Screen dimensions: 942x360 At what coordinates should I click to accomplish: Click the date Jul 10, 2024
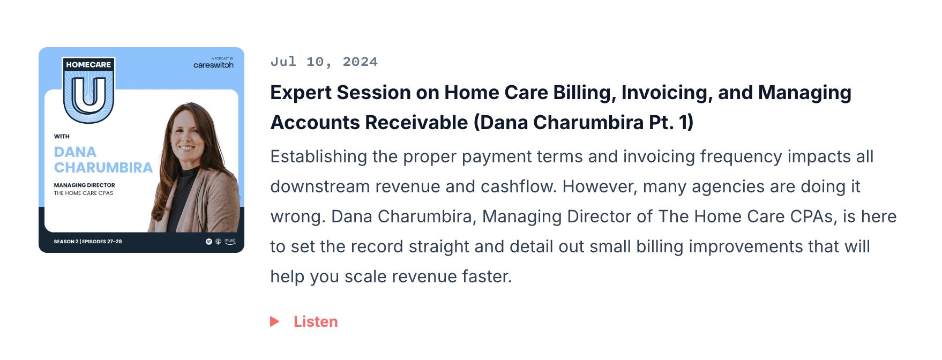pyautogui.click(x=324, y=62)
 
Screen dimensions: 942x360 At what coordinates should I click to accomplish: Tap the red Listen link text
pyautogui.click(x=316, y=321)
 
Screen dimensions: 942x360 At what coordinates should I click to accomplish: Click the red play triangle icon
pyautogui.click(x=274, y=321)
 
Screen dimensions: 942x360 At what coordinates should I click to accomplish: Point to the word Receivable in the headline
pyautogui.click(x=417, y=123)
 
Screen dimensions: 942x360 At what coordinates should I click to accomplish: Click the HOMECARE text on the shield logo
pyautogui.click(x=88, y=64)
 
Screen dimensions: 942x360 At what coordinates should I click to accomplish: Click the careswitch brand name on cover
pyautogui.click(x=213, y=65)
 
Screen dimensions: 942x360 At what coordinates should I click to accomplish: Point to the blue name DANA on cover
pyautogui.click(x=75, y=152)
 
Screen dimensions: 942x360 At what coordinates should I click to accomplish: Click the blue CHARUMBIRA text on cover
pyautogui.click(x=103, y=168)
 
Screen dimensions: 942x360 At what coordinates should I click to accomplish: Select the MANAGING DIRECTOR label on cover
pyautogui.click(x=84, y=185)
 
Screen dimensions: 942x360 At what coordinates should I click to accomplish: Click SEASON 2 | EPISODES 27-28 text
pyautogui.click(x=88, y=242)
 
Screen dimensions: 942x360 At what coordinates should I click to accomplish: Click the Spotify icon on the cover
pyautogui.click(x=209, y=242)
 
